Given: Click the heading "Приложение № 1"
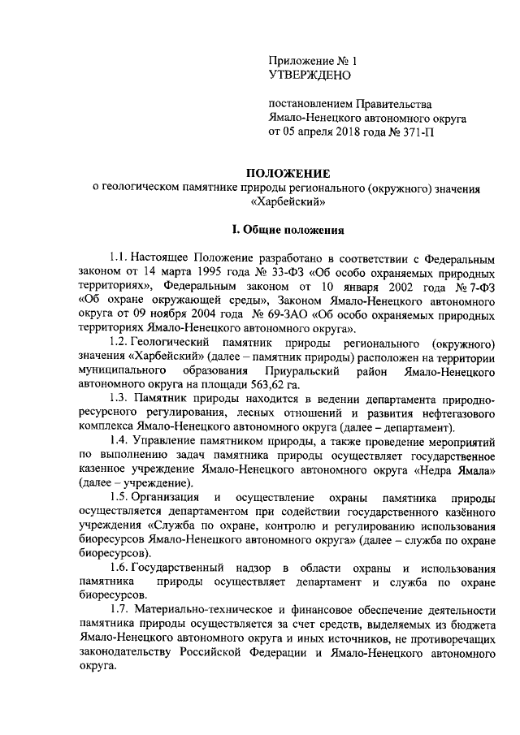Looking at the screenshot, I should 313,60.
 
